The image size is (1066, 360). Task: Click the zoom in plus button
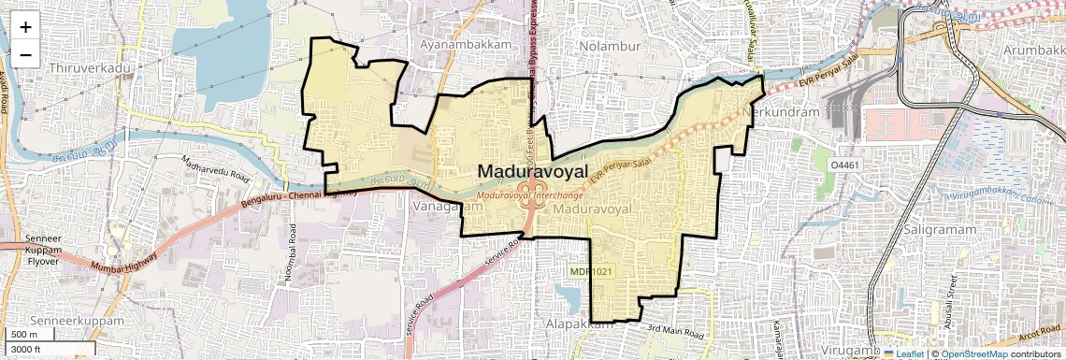[25, 26]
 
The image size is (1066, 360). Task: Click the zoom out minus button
[25, 54]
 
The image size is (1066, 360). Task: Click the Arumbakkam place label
[1033, 48]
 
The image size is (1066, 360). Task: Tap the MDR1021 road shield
[593, 270]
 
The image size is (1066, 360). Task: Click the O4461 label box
[847, 165]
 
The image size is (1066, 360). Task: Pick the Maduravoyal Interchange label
[530, 195]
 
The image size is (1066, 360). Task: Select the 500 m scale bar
[24, 335]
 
